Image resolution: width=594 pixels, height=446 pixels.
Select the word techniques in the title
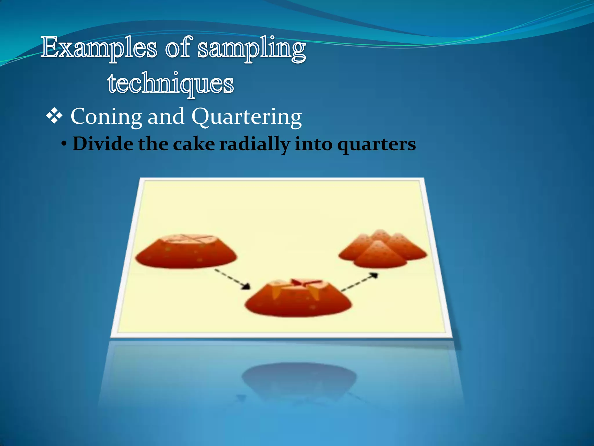click(x=171, y=84)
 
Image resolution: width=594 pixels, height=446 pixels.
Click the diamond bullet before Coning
click(x=54, y=116)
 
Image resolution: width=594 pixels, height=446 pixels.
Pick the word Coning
click(x=106, y=116)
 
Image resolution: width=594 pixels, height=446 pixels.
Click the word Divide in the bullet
click(x=103, y=144)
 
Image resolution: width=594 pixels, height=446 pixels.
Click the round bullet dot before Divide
click(x=64, y=144)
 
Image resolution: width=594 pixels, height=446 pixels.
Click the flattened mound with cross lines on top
click(x=186, y=253)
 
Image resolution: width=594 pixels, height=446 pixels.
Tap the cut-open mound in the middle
click(x=298, y=299)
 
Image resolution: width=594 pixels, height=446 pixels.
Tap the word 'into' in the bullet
click(x=314, y=144)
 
